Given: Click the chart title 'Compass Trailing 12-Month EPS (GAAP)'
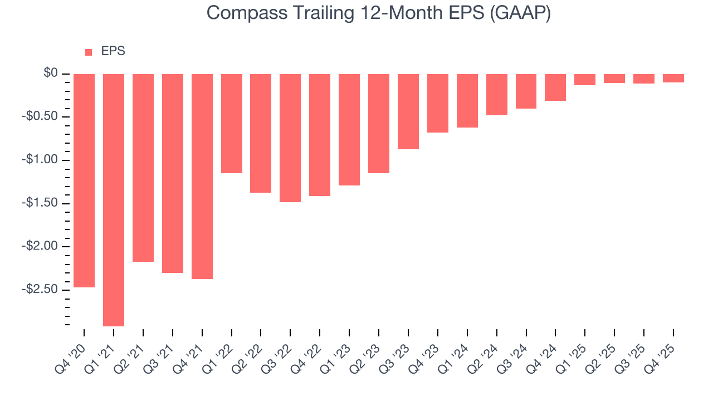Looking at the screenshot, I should (x=379, y=13).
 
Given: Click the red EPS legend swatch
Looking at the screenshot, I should (x=89, y=52).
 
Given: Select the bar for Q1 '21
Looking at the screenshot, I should (x=114, y=200).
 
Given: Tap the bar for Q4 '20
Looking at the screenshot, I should (x=84, y=180).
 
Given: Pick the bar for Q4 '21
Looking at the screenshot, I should (x=202, y=176).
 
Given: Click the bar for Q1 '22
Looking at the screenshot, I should (x=232, y=124).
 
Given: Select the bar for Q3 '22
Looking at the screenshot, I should (x=290, y=138).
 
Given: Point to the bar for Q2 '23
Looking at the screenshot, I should (x=379, y=124).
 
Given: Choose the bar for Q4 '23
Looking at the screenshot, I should (x=438, y=103).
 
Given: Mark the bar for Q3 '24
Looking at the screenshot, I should (x=526, y=91).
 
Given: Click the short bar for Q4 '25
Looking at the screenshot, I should (x=673, y=79).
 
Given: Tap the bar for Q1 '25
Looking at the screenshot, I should (x=585, y=80).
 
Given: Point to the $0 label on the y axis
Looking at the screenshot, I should (x=51, y=74).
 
